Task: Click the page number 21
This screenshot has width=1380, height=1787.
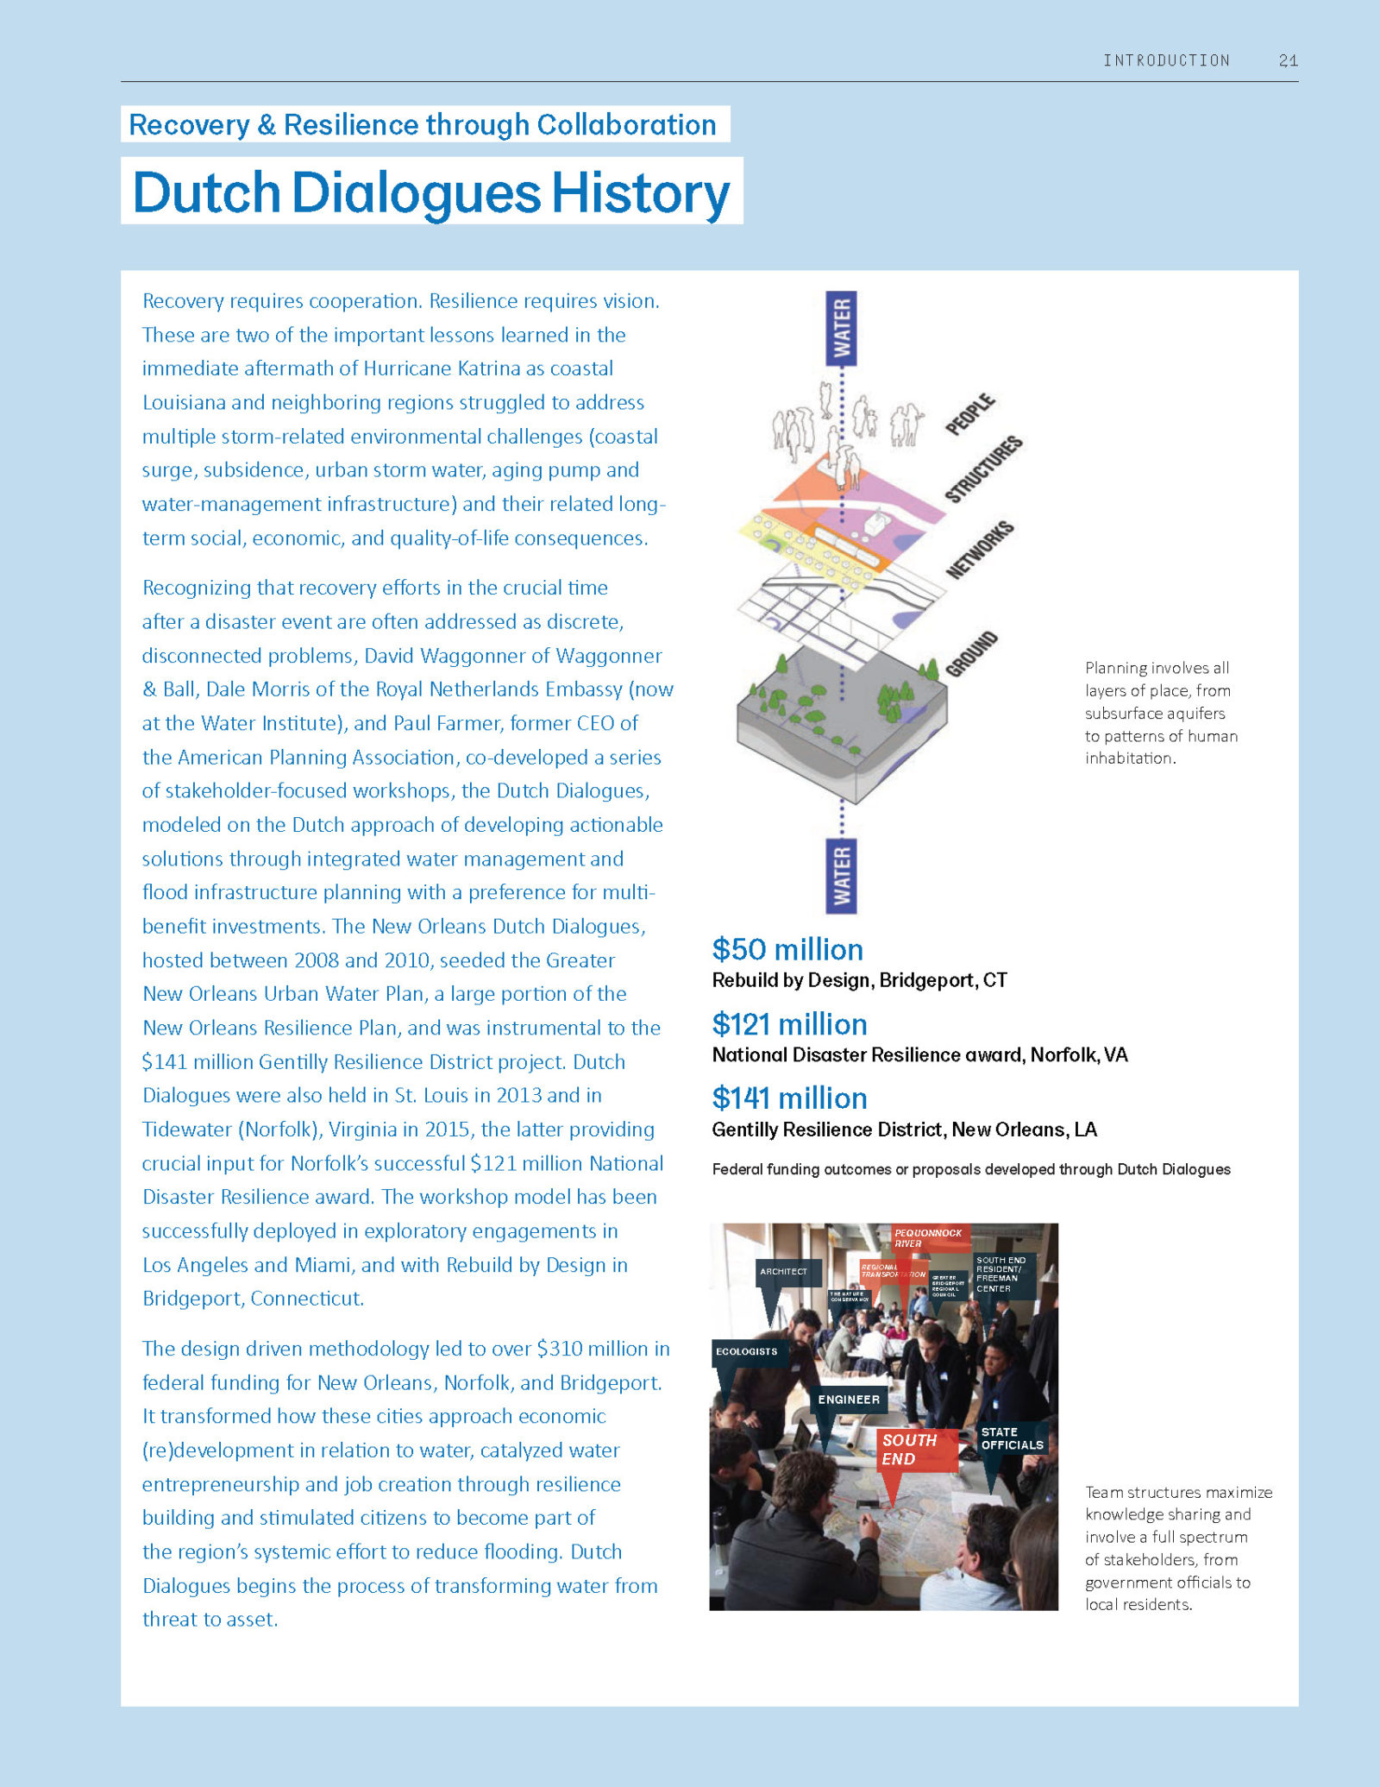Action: coord(1288,60)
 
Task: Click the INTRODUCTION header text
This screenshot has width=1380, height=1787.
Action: coord(1166,60)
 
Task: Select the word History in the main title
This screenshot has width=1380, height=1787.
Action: coord(640,192)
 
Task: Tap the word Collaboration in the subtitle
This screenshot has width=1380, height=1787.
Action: coord(626,125)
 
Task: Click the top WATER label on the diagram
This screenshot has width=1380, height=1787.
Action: coord(842,328)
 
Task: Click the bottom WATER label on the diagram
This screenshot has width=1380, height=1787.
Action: coord(842,875)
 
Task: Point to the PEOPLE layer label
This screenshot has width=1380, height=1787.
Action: coord(970,414)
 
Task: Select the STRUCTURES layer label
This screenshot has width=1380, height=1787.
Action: coord(983,469)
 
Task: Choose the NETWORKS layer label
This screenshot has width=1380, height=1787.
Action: coord(980,551)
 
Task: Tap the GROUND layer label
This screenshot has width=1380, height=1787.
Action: coord(972,654)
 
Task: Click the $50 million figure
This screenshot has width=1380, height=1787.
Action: coord(787,949)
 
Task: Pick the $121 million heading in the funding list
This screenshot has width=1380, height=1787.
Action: coord(789,1024)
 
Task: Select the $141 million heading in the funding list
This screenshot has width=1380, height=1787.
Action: coord(789,1098)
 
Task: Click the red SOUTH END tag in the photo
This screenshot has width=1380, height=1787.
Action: coord(909,1450)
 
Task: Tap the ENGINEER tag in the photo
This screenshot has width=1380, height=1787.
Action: coord(849,1400)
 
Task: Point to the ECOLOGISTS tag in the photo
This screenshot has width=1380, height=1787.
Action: coord(746,1352)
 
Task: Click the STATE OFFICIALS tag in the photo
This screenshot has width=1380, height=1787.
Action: coord(1012,1438)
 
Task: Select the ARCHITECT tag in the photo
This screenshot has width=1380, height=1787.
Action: coord(783,1272)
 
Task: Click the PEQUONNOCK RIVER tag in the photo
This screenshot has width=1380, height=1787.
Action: coord(927,1238)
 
